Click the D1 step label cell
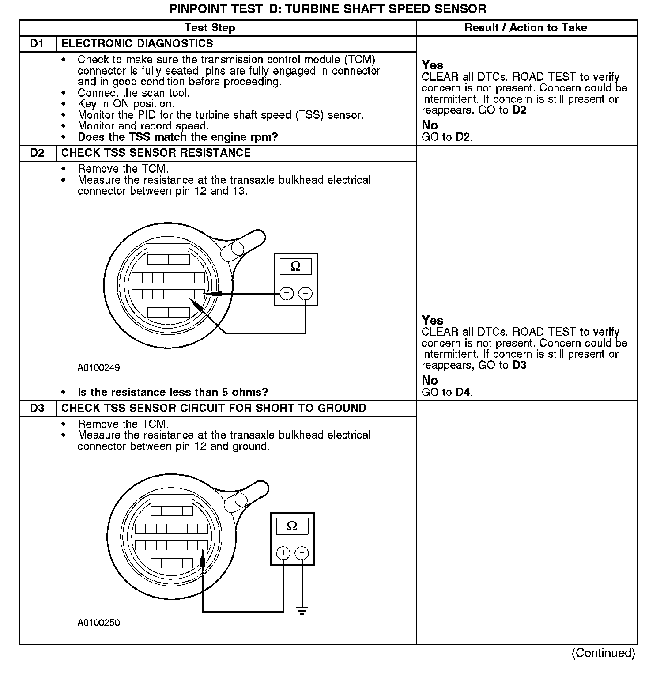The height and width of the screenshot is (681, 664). coord(38,44)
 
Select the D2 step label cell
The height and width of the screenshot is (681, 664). coord(38,153)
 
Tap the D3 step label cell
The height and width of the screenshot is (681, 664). coord(38,409)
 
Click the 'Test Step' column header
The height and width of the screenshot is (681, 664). coord(210,28)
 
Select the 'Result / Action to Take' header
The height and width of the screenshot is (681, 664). coord(526,28)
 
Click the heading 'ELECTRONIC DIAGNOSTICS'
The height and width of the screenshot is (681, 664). coord(137,44)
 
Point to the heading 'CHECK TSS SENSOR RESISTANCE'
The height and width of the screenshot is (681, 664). coord(156,153)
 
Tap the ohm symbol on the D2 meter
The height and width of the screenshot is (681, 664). coord(296,266)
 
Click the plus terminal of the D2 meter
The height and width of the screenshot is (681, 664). coord(287,293)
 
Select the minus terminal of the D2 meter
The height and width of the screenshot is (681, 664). coord(306,293)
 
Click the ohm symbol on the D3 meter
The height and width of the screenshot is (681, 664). coord(292,526)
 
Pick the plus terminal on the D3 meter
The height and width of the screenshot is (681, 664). coord(283,552)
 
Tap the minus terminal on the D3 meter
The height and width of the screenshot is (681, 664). coord(302,552)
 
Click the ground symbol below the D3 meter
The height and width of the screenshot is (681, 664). coord(302,612)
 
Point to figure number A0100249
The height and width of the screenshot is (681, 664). coord(98,367)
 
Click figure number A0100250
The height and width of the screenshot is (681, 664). coord(98,623)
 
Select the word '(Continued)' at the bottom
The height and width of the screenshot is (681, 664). coord(603,653)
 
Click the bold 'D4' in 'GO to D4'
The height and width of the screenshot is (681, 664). coord(463,392)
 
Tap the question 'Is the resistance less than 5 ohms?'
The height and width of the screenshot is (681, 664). coord(173,392)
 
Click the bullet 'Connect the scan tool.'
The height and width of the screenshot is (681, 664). coord(133,93)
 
